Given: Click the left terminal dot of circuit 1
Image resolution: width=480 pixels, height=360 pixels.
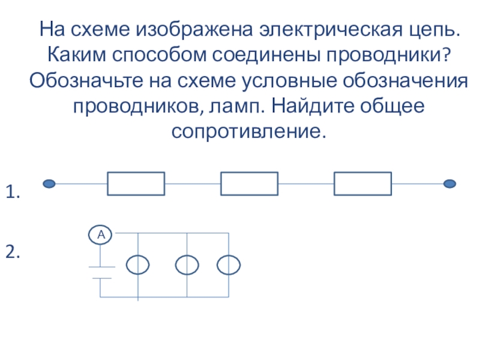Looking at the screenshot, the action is (x=49, y=184).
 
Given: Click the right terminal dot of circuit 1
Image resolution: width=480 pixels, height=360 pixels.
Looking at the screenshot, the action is (x=449, y=184).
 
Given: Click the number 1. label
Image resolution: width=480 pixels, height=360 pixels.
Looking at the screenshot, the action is (x=13, y=192).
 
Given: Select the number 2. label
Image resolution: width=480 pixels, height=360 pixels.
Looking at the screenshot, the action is (x=13, y=252).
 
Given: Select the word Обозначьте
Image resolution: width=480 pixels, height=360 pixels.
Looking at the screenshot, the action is (x=86, y=81).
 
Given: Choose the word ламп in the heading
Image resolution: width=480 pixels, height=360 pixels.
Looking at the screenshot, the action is (x=233, y=108).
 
